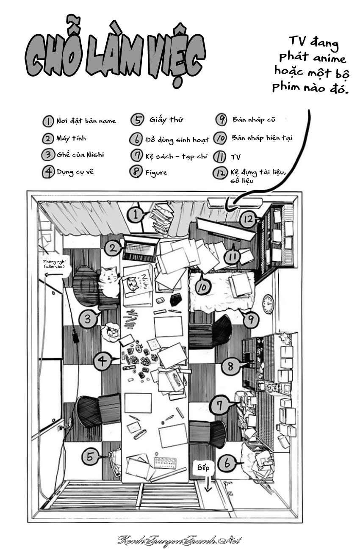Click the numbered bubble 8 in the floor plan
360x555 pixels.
click(231, 365)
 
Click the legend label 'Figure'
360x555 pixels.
click(155, 172)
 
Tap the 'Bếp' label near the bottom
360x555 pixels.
click(203, 468)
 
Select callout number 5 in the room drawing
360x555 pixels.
click(90, 456)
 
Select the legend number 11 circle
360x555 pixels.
click(220, 157)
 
